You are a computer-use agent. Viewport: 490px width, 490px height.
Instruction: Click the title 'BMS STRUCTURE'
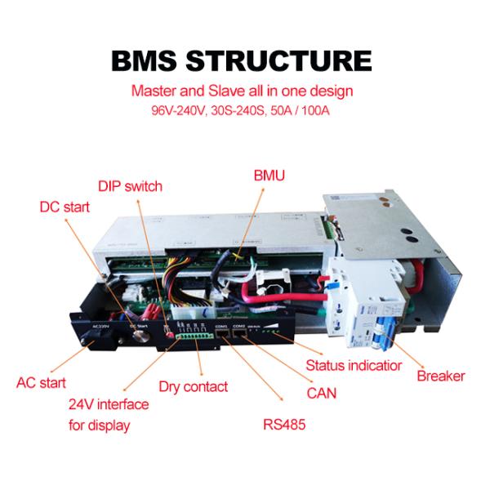(x=244, y=60)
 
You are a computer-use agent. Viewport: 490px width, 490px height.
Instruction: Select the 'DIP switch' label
(x=130, y=186)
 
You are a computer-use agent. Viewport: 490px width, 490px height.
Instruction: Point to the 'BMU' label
(x=269, y=175)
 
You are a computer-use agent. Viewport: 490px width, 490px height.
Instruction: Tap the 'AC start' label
(x=41, y=382)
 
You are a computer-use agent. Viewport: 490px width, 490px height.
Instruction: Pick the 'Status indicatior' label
(x=354, y=366)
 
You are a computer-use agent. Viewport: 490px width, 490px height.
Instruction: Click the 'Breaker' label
(x=441, y=376)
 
